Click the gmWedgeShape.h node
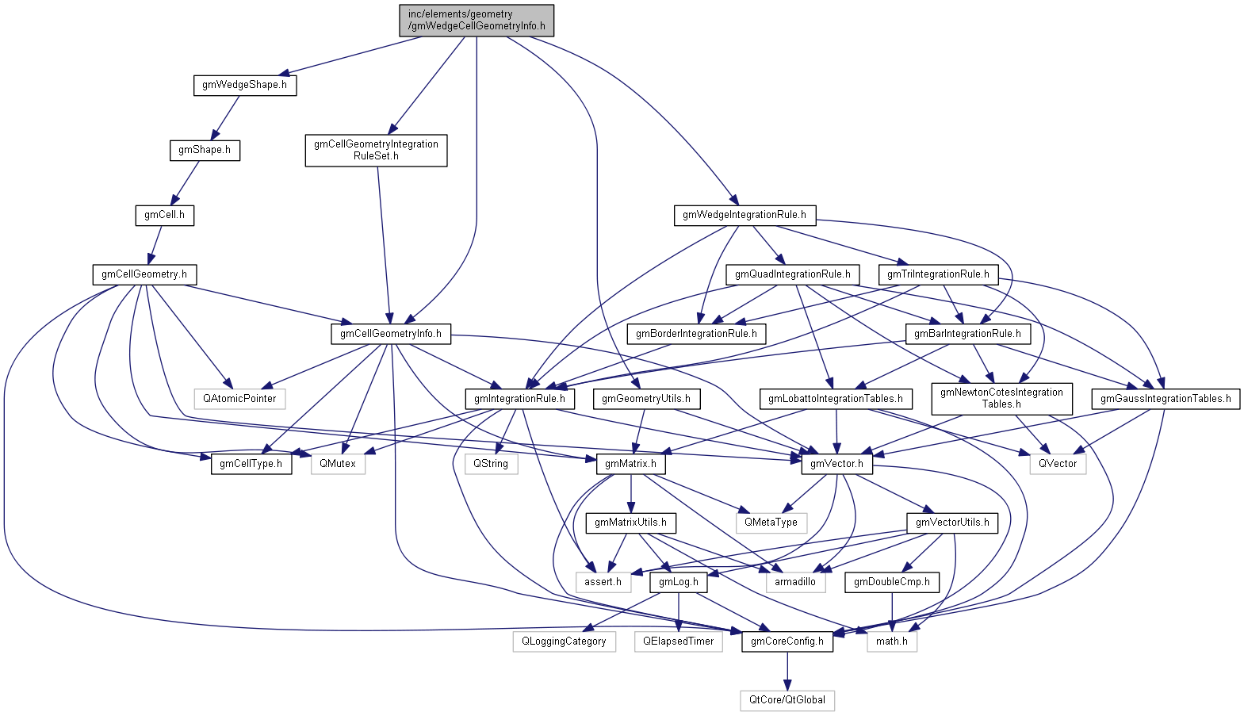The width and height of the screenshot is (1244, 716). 244,85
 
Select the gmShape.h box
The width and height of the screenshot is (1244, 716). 205,150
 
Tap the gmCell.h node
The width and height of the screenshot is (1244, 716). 164,215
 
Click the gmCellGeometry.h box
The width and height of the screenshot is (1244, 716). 144,274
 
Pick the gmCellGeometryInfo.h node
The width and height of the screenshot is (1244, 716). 390,334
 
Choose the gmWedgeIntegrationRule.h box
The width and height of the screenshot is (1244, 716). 744,215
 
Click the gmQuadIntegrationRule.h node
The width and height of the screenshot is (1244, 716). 792,274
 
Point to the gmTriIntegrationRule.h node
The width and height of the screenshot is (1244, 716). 938,274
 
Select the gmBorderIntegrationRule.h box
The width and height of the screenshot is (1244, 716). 696,334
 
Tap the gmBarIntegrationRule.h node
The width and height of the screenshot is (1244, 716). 967,334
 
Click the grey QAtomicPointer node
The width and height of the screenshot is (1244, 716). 239,399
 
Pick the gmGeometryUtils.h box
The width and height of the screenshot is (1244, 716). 645,399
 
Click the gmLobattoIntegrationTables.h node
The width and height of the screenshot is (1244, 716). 835,399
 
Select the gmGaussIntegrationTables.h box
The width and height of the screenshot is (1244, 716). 1165,399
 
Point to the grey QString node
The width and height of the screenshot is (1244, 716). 491,464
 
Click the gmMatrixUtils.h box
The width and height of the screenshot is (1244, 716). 630,523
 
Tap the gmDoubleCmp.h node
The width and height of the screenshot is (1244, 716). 891,582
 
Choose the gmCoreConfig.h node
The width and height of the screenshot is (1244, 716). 787,641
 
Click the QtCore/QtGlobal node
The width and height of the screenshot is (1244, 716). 787,700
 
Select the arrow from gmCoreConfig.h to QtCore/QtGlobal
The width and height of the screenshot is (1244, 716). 787,671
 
